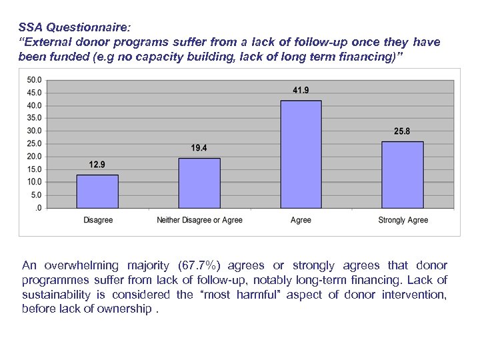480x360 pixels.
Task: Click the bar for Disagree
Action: (97, 192)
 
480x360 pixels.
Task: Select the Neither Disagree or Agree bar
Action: (199, 183)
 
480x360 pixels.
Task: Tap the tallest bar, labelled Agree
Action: (301, 155)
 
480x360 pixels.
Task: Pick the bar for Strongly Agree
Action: (402, 175)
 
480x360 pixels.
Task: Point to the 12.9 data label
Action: (97, 164)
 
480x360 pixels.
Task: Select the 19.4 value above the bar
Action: (199, 147)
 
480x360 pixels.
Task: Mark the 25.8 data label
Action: (402, 131)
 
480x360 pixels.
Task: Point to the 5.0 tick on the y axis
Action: (35, 195)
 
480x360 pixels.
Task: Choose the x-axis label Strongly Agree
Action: (403, 220)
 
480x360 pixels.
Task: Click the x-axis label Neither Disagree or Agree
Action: (199, 220)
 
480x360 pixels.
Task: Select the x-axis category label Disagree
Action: (98, 220)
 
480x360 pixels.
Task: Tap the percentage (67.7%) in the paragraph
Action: (193, 266)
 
